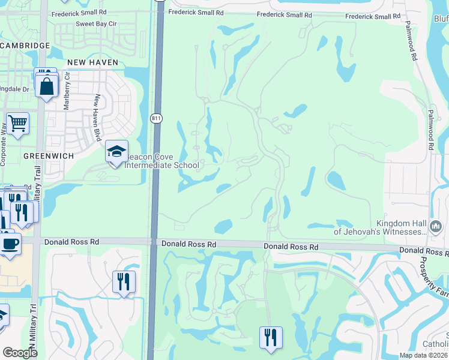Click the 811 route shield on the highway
tap(156, 119)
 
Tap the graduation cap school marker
tap(116, 151)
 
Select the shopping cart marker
tap(18, 124)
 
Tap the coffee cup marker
tap(10, 244)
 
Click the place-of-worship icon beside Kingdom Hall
tap(436, 227)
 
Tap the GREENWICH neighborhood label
tap(49, 155)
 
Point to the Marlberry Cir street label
tap(67, 91)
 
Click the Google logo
tap(20, 353)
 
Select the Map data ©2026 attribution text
tap(423, 355)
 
